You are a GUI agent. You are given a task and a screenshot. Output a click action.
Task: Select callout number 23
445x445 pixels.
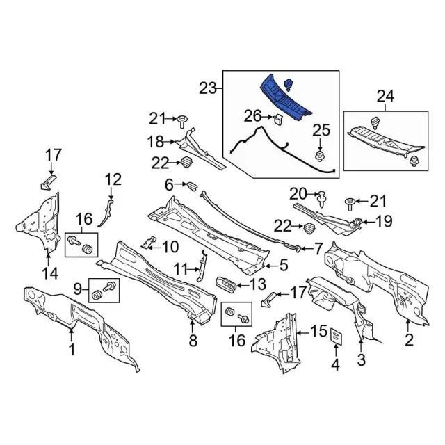(208, 88)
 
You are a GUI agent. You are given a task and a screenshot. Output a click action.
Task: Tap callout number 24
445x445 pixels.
(385, 96)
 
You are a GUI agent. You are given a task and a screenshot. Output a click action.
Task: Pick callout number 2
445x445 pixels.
(409, 340)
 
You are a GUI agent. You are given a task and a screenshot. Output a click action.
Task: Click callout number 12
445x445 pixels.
(113, 180)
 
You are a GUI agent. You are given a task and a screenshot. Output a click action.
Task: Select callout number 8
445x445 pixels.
(193, 340)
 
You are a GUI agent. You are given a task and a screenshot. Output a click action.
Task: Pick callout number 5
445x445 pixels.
(284, 265)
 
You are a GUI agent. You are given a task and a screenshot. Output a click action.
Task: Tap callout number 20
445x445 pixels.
(298, 193)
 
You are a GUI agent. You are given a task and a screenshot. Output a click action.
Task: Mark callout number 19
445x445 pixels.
(384, 222)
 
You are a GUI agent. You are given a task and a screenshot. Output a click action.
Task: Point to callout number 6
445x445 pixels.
(169, 184)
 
